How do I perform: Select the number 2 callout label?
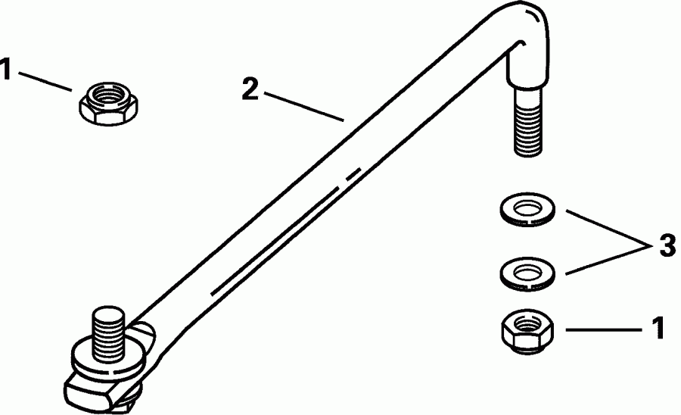click(250, 89)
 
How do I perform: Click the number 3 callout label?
click(667, 245)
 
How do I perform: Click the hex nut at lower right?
click(527, 334)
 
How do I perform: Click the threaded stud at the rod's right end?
click(527, 125)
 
